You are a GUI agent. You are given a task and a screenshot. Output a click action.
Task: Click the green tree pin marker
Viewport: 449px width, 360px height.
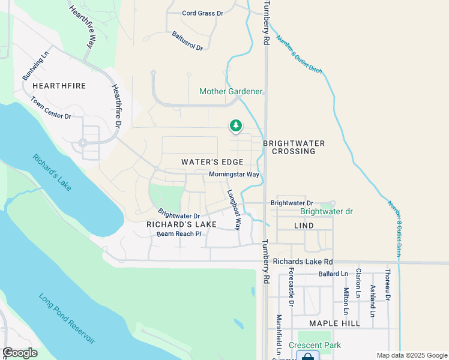click(236, 125)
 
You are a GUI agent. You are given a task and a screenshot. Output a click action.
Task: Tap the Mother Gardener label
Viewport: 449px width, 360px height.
click(231, 92)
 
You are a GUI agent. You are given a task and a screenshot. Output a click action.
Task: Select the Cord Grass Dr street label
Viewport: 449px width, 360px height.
click(202, 13)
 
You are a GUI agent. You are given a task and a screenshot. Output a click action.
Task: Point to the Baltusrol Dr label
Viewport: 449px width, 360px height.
click(187, 41)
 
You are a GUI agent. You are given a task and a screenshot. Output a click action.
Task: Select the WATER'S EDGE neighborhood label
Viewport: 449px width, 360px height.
click(212, 162)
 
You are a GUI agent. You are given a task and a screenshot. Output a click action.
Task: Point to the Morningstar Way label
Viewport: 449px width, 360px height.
click(234, 175)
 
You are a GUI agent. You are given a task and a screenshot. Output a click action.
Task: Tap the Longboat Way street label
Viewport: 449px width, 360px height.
click(234, 211)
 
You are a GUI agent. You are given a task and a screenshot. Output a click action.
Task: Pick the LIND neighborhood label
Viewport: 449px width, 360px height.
click(304, 225)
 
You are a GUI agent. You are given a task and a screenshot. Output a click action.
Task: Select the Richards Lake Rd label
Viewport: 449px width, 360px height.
click(303, 262)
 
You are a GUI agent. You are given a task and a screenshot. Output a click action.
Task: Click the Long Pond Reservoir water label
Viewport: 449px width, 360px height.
click(67, 318)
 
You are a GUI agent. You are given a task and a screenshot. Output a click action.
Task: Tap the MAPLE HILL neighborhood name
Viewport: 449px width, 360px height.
click(334, 323)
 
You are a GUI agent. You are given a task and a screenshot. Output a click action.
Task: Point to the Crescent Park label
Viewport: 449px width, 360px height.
click(315, 345)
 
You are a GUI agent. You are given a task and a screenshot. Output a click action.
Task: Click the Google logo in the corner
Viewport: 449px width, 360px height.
click(20, 353)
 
